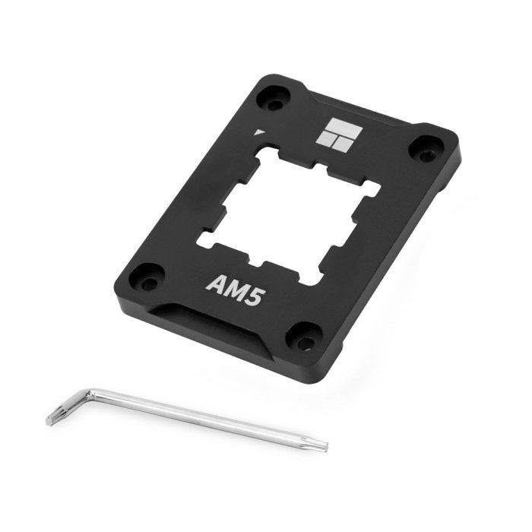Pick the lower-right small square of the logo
click(x=343, y=145)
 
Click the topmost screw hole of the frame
click(x=274, y=100)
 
